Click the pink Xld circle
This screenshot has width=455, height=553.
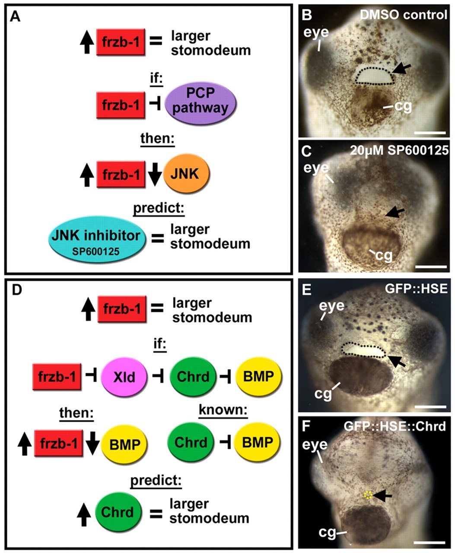click(x=124, y=376)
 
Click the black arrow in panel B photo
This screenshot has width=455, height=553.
click(x=402, y=68)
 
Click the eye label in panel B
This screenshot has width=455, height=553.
click(x=316, y=32)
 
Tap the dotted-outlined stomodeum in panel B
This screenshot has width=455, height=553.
click(x=374, y=76)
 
